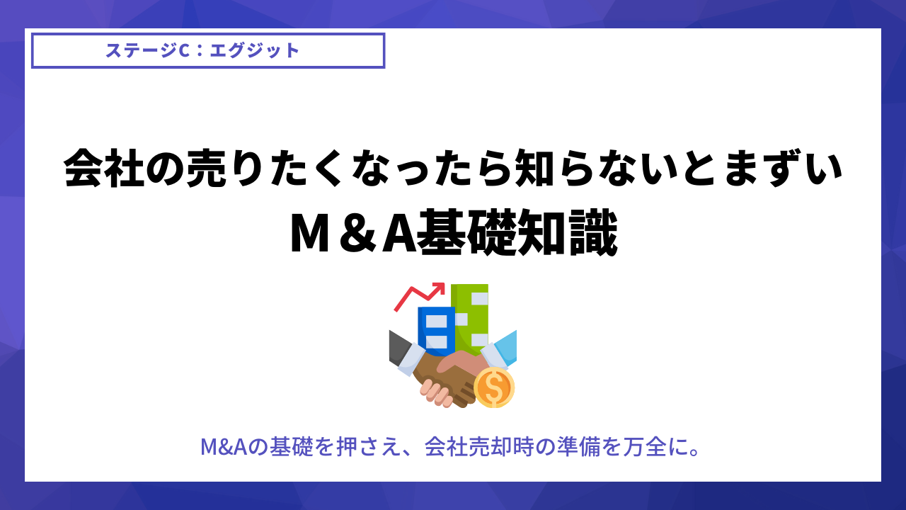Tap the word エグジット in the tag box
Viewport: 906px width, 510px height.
point(255,50)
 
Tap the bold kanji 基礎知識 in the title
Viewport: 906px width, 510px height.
point(517,233)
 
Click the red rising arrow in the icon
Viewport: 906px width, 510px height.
point(419,297)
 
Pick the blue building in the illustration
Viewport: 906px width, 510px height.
point(436,331)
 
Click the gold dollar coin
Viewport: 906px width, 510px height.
point(494,387)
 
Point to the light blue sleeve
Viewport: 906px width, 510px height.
point(505,346)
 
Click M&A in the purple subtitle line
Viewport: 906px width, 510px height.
point(224,447)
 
